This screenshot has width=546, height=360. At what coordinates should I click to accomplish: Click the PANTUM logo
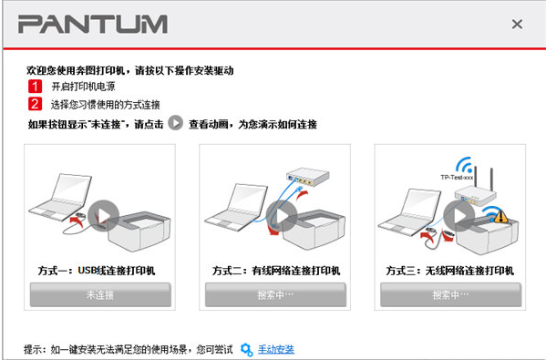point(92,24)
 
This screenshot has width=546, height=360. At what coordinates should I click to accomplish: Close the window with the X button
point(517,25)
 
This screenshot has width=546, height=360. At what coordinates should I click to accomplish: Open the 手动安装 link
point(276,349)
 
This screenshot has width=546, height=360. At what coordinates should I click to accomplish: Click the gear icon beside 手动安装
point(246,349)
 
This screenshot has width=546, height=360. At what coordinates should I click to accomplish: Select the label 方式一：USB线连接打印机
point(98,271)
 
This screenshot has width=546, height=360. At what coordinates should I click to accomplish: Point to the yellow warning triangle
point(501,217)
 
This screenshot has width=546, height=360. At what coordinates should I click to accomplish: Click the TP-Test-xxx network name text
point(457,178)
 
